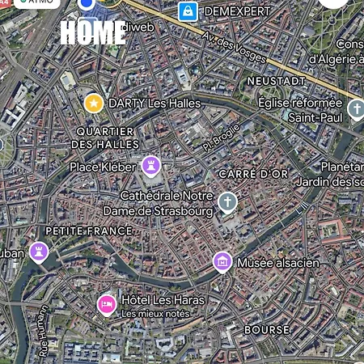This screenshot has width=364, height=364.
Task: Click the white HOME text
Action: pyautogui.click(x=93, y=32)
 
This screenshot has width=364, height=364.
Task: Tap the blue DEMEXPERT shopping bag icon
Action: pyautogui.click(x=188, y=11)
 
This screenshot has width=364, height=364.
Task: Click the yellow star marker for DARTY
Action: pyautogui.click(x=94, y=103)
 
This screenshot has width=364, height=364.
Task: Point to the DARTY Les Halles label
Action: pyautogui.click(x=154, y=104)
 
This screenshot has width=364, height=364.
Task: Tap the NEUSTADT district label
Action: pyautogui.click(x=277, y=81)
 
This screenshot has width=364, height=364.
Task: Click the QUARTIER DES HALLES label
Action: pyautogui.click(x=105, y=138)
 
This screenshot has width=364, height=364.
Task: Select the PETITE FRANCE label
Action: pyautogui.click(x=88, y=231)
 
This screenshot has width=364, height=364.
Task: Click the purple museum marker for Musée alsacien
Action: pyautogui.click(x=222, y=262)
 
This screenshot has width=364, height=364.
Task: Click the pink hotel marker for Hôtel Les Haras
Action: pyautogui.click(x=105, y=304)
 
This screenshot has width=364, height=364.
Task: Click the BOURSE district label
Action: pyautogui.click(x=267, y=330)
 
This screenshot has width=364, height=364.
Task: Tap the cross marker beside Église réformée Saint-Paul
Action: pyautogui.click(x=356, y=109)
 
